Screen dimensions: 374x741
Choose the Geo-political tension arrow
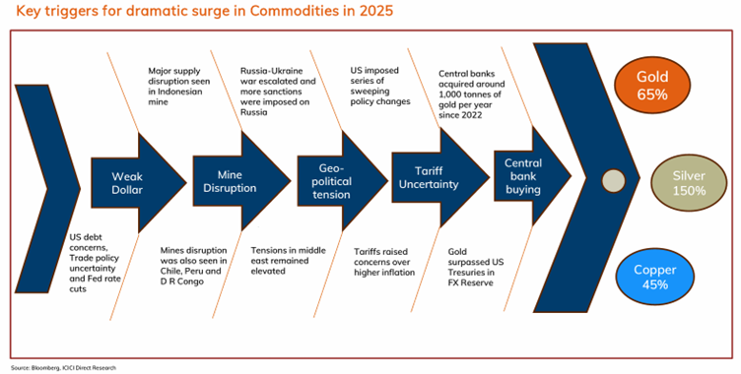pyautogui.click(x=335, y=180)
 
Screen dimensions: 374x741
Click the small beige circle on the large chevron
pyautogui.click(x=613, y=181)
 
